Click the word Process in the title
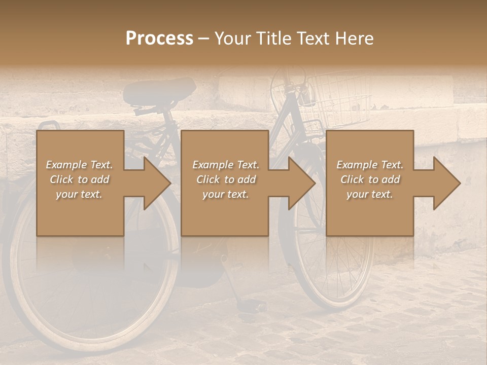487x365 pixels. (x=159, y=39)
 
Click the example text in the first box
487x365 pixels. (x=80, y=179)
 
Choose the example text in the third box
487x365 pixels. (x=370, y=179)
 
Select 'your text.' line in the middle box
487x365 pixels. (x=226, y=194)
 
